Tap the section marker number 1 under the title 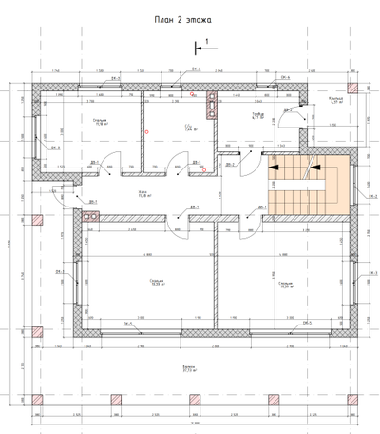[206, 41]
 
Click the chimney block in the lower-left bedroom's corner [92, 215]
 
